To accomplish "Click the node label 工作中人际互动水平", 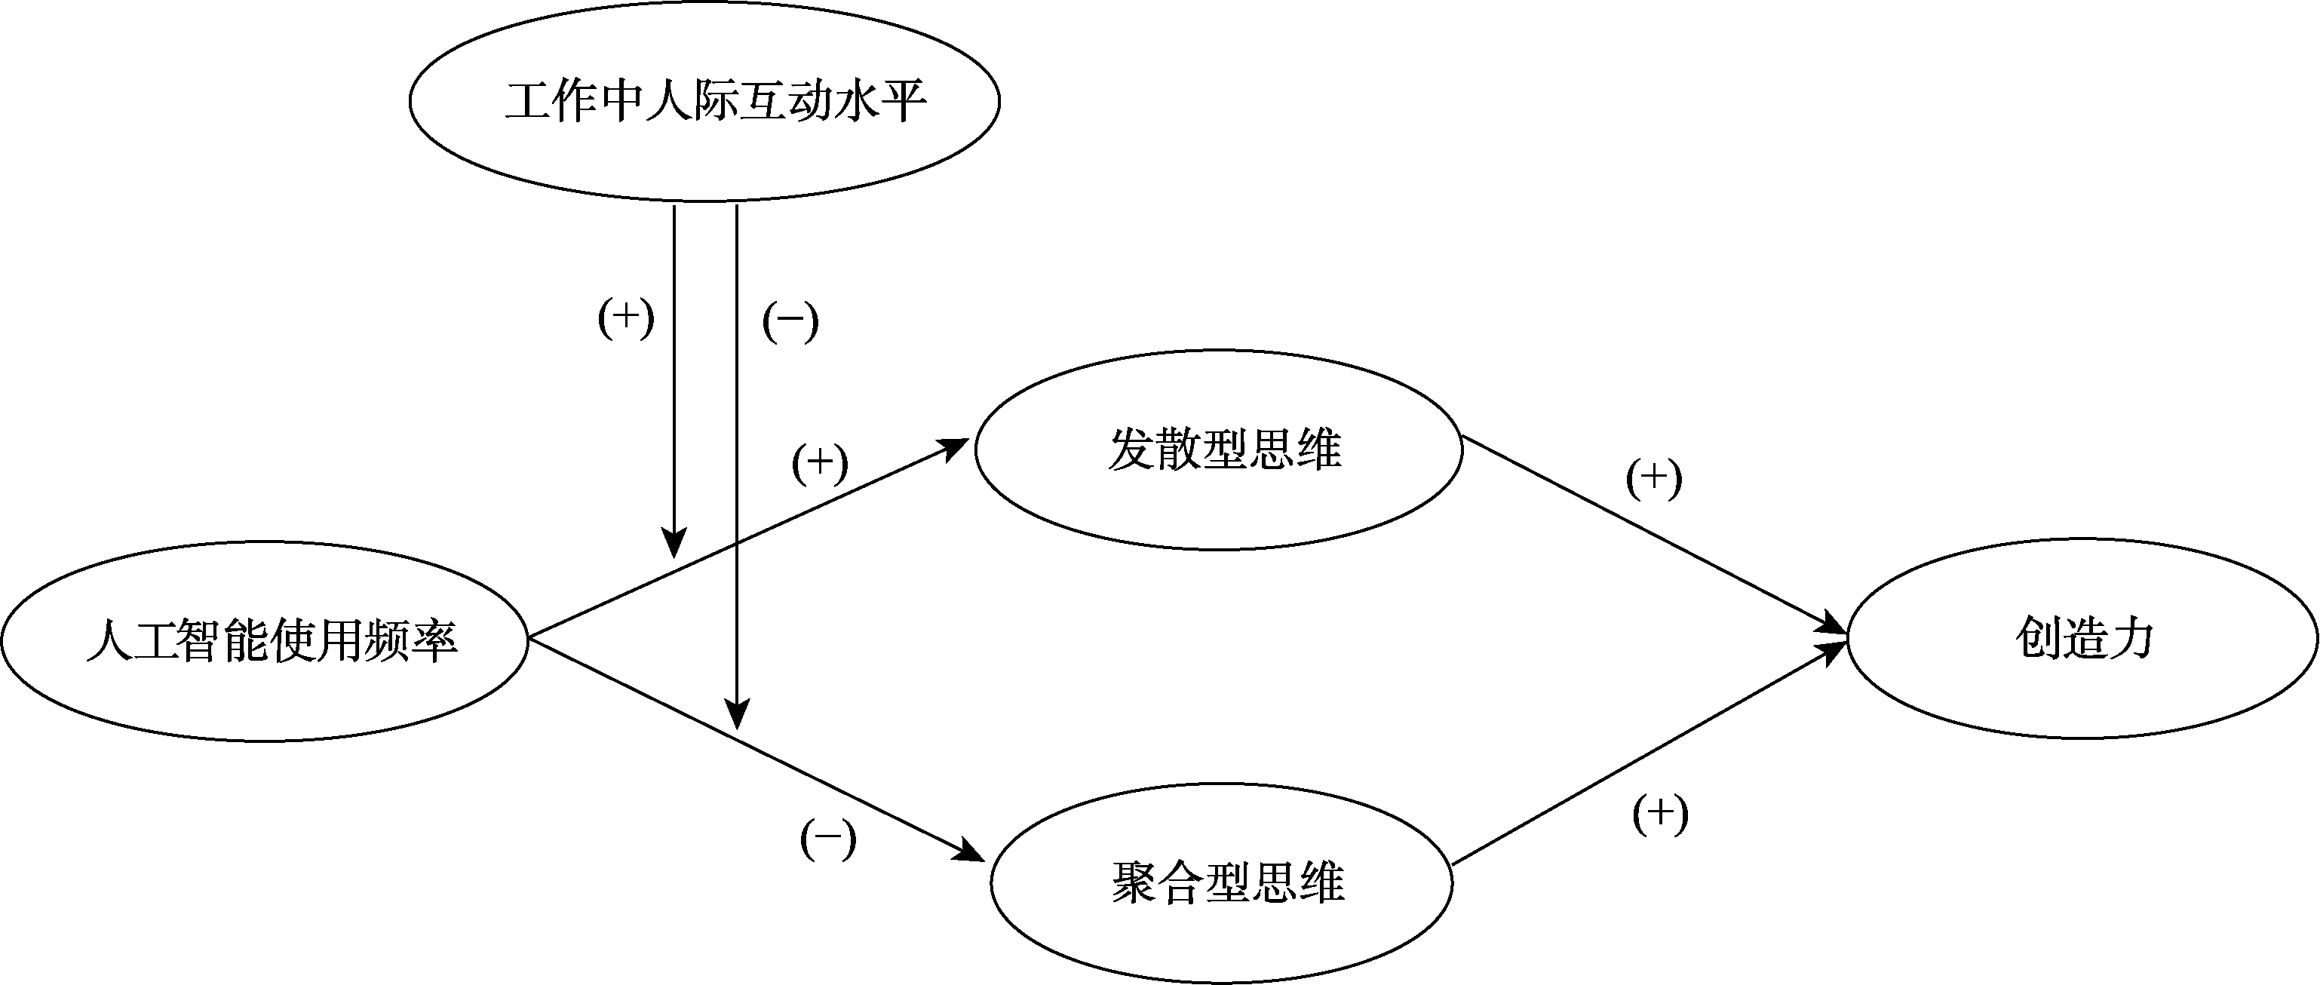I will (716, 101).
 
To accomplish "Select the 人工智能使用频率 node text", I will (272, 641).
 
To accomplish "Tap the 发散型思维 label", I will (1225, 449).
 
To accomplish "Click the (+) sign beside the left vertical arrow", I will (626, 318).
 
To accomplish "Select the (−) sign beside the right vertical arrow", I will (790, 321).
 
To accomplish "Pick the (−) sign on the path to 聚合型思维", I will (827, 839).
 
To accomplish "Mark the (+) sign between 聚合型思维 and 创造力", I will (1660, 814).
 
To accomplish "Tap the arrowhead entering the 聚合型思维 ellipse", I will (970, 850).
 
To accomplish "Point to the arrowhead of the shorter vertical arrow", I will (674, 543).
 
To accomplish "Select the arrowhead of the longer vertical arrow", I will (737, 715).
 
